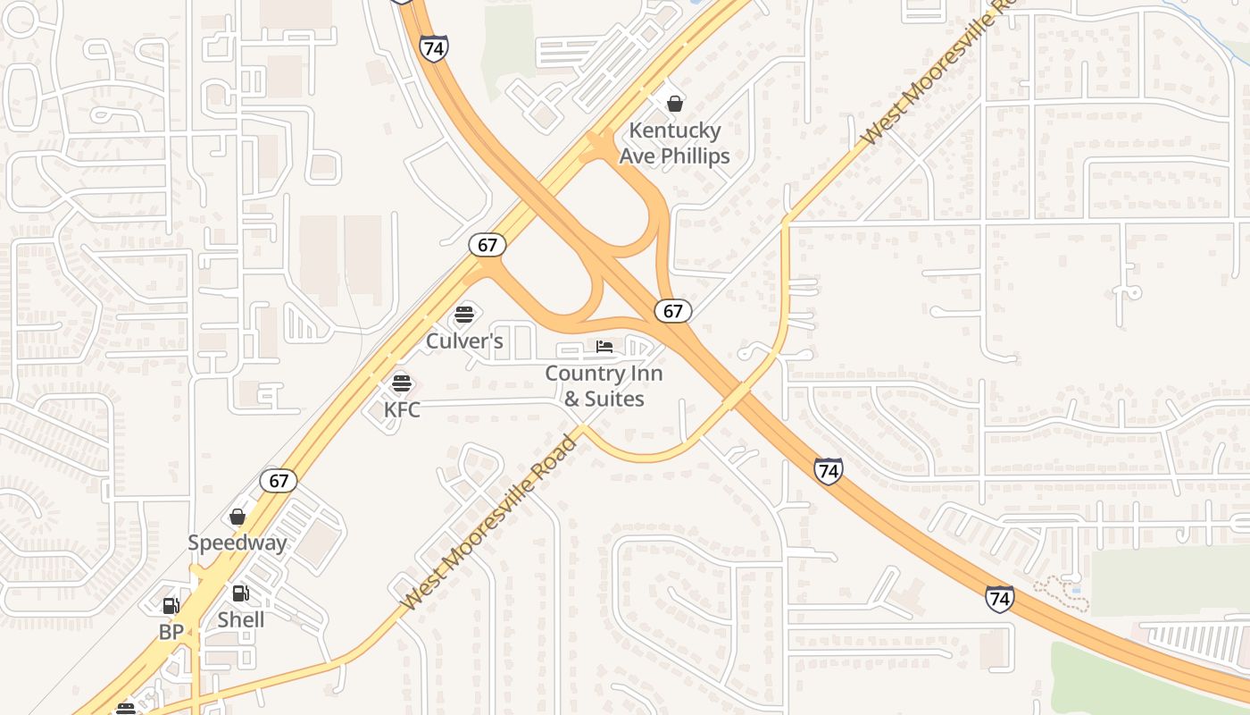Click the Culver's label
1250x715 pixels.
click(464, 341)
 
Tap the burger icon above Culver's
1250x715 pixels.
click(463, 314)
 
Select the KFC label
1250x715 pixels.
click(402, 410)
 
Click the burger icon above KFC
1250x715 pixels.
click(402, 383)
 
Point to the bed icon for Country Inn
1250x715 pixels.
click(604, 347)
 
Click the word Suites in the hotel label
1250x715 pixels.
click(615, 399)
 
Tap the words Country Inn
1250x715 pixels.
click(604, 373)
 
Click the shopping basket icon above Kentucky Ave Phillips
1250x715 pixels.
click(675, 104)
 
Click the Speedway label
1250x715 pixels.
click(237, 543)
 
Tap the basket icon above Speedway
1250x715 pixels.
click(237, 517)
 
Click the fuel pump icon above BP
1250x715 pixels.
click(171, 606)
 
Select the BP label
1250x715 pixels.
click(171, 632)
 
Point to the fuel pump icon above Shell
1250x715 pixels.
click(241, 593)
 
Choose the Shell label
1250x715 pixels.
click(241, 619)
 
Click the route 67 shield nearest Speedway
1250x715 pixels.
click(279, 481)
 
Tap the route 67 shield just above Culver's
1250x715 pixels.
click(487, 245)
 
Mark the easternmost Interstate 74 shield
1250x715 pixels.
click(1000, 598)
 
